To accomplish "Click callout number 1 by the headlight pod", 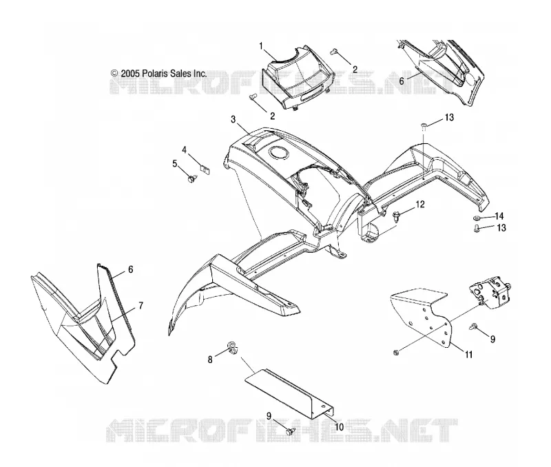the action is [261, 46].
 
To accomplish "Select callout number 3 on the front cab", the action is [233, 119].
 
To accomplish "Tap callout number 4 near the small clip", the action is [184, 150].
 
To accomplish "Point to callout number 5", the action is [175, 163].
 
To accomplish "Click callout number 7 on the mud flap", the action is [141, 306].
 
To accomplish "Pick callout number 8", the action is [210, 360].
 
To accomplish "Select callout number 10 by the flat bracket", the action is [339, 427].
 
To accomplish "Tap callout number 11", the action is [469, 355].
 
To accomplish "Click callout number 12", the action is [420, 204].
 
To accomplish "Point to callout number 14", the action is [499, 216].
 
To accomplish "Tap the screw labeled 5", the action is [192, 180].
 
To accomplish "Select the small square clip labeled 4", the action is [205, 169].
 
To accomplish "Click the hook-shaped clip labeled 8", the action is [232, 348].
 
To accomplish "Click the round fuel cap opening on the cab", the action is [278, 154].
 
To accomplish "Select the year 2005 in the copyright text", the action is [130, 74].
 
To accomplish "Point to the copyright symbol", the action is [114, 73].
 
